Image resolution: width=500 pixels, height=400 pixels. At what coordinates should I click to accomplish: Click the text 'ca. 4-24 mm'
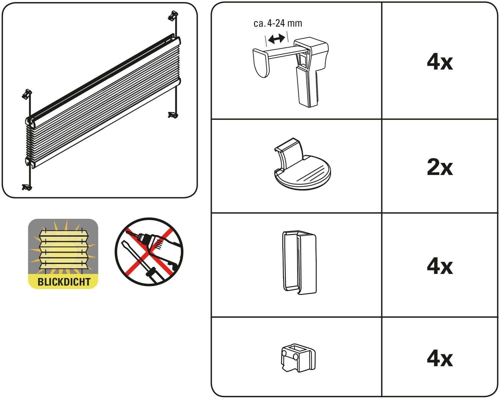point(278,23)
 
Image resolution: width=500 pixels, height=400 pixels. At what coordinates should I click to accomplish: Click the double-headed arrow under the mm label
point(276,39)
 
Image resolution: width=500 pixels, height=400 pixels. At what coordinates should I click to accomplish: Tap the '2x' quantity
point(440,167)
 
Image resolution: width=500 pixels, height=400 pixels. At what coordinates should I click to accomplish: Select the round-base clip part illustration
point(301,165)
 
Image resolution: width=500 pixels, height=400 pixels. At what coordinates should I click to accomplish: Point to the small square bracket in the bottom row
point(298,358)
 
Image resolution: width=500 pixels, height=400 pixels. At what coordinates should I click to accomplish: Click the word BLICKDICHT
point(64,282)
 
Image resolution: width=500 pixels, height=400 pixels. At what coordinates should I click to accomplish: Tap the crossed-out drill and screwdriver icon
point(149,252)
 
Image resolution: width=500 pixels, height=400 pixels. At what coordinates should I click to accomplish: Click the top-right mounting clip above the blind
point(173,15)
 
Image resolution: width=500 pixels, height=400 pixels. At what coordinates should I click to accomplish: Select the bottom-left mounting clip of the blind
point(27,187)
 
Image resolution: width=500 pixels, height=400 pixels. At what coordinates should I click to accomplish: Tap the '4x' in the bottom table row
point(440,358)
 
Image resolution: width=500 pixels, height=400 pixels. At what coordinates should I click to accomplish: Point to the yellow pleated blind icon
point(63,248)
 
